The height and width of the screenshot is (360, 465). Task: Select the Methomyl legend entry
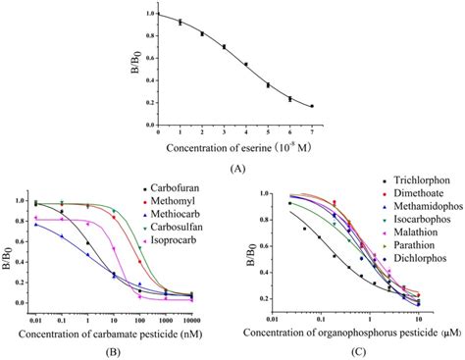[x=169, y=201]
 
